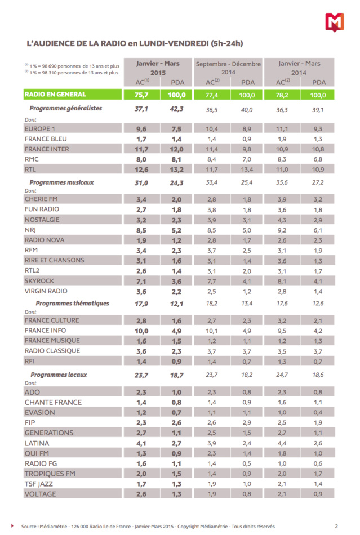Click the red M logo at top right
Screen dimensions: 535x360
pyautogui.click(x=335, y=22)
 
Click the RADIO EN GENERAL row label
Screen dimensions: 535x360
pyautogui.click(x=55, y=94)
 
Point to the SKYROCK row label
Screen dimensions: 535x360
pyautogui.click(x=41, y=280)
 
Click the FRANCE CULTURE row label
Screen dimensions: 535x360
pyautogui.click(x=52, y=320)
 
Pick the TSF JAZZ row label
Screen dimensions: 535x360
pyautogui.click(x=42, y=484)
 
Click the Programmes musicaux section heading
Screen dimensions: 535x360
pyautogui.click(x=61, y=182)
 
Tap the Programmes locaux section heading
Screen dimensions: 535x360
pyautogui.click(x=59, y=374)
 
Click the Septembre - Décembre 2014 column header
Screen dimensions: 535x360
pyautogui.click(x=228, y=68)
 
